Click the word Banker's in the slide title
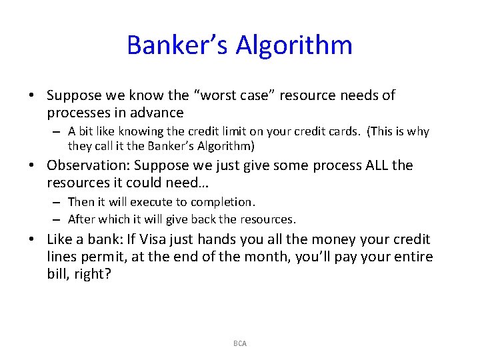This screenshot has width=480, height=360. (x=175, y=45)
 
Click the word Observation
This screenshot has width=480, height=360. (x=86, y=165)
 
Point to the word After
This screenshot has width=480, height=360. (x=83, y=219)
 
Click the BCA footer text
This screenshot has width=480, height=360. (x=240, y=343)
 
